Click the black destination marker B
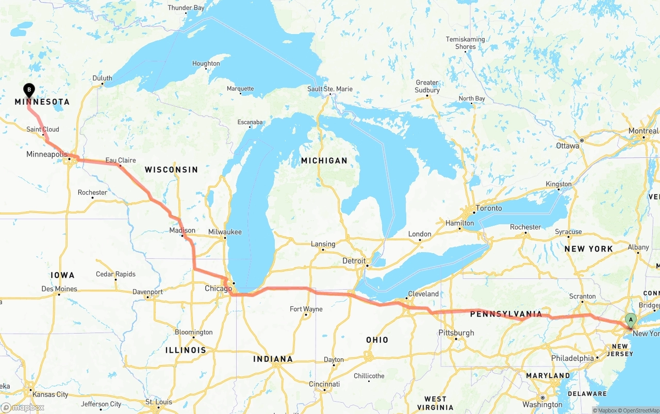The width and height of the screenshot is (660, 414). (x=29, y=91)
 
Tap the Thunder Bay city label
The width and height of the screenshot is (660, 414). (x=186, y=8)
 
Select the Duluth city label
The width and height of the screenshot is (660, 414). (x=102, y=78)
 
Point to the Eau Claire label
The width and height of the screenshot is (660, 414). (x=121, y=160)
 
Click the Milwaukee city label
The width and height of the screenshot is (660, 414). (x=225, y=232)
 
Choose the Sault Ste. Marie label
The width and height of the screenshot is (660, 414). (x=330, y=89)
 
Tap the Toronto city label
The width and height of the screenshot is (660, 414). (x=488, y=208)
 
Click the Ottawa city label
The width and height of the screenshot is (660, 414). (x=567, y=146)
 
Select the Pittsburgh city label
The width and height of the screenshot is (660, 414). (x=456, y=333)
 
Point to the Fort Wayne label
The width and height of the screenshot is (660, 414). (x=306, y=309)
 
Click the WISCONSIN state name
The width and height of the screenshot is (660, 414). (x=171, y=170)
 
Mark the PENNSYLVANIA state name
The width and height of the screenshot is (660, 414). (x=506, y=314)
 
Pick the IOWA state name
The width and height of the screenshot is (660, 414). (x=62, y=275)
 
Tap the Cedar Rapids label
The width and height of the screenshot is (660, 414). (x=115, y=274)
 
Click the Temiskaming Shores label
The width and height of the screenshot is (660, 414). (x=465, y=43)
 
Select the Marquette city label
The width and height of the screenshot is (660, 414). (x=240, y=89)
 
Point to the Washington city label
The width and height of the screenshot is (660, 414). (x=542, y=405)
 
